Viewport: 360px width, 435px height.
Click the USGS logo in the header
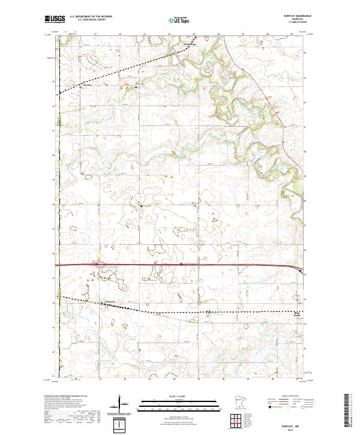[55, 20]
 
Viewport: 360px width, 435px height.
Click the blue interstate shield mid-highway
[181, 263]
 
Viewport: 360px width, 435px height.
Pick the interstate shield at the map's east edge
[301, 271]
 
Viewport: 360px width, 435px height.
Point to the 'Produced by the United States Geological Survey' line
[71, 396]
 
